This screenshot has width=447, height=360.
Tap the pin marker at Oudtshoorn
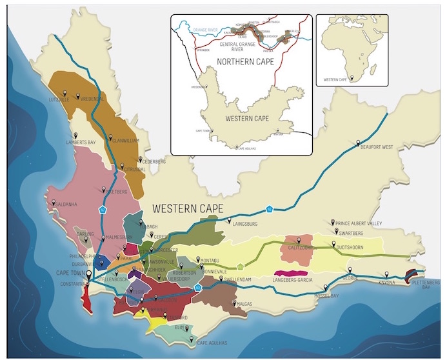[x=333, y=244]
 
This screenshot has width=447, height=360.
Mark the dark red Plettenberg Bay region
[x=410, y=276]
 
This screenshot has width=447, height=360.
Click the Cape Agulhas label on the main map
[x=208, y=343]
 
